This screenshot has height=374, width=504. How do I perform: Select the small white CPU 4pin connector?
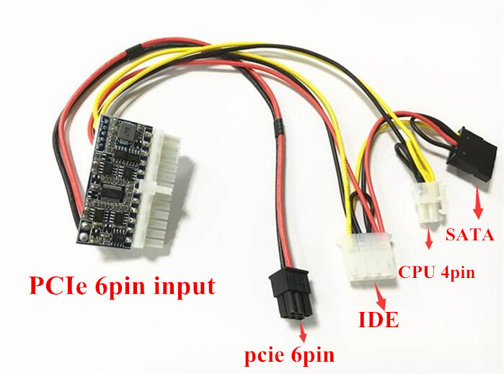click(x=427, y=204)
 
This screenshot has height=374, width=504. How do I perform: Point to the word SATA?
click(x=469, y=235)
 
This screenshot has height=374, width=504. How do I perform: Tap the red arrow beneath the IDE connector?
click(x=379, y=293)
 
